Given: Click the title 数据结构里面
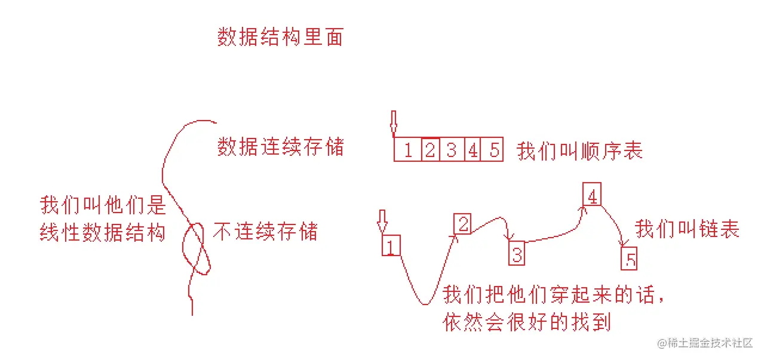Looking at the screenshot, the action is click(x=280, y=38).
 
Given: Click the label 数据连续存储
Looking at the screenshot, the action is click(x=280, y=146).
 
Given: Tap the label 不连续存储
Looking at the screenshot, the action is click(x=265, y=232).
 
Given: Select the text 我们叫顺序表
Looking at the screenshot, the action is click(x=579, y=150).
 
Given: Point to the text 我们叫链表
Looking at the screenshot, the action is click(x=687, y=229).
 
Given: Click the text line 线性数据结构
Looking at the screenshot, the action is click(x=102, y=233).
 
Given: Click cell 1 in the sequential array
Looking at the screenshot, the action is click(x=408, y=150).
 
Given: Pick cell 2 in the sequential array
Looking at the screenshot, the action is click(x=430, y=150).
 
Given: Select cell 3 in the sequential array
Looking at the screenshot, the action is click(x=452, y=150).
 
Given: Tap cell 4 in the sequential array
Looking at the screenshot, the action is click(x=472, y=150).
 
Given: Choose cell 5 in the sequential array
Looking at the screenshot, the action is click(x=493, y=150).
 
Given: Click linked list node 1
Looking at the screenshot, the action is click(x=391, y=245).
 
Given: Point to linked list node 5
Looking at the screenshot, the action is click(x=630, y=260).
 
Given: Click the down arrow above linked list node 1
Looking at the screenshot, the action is click(x=382, y=221).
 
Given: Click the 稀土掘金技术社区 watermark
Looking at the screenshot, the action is click(x=704, y=343).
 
